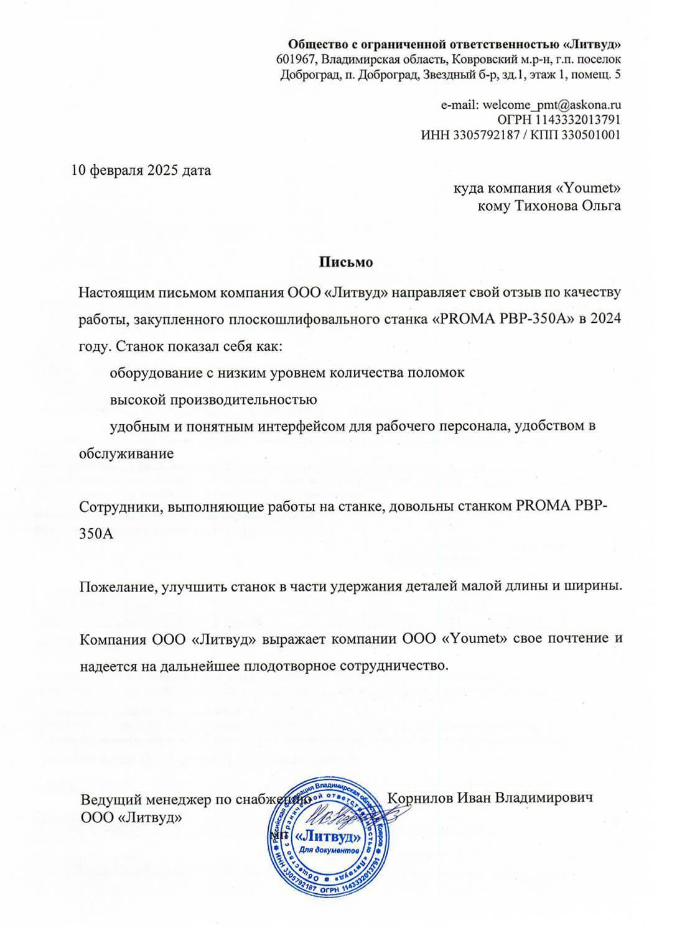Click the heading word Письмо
pyautogui.click(x=346, y=262)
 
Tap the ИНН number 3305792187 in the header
pyautogui.click(x=484, y=135)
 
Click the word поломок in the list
pyautogui.click(x=441, y=373)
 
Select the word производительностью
pyautogui.click(x=213, y=399)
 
